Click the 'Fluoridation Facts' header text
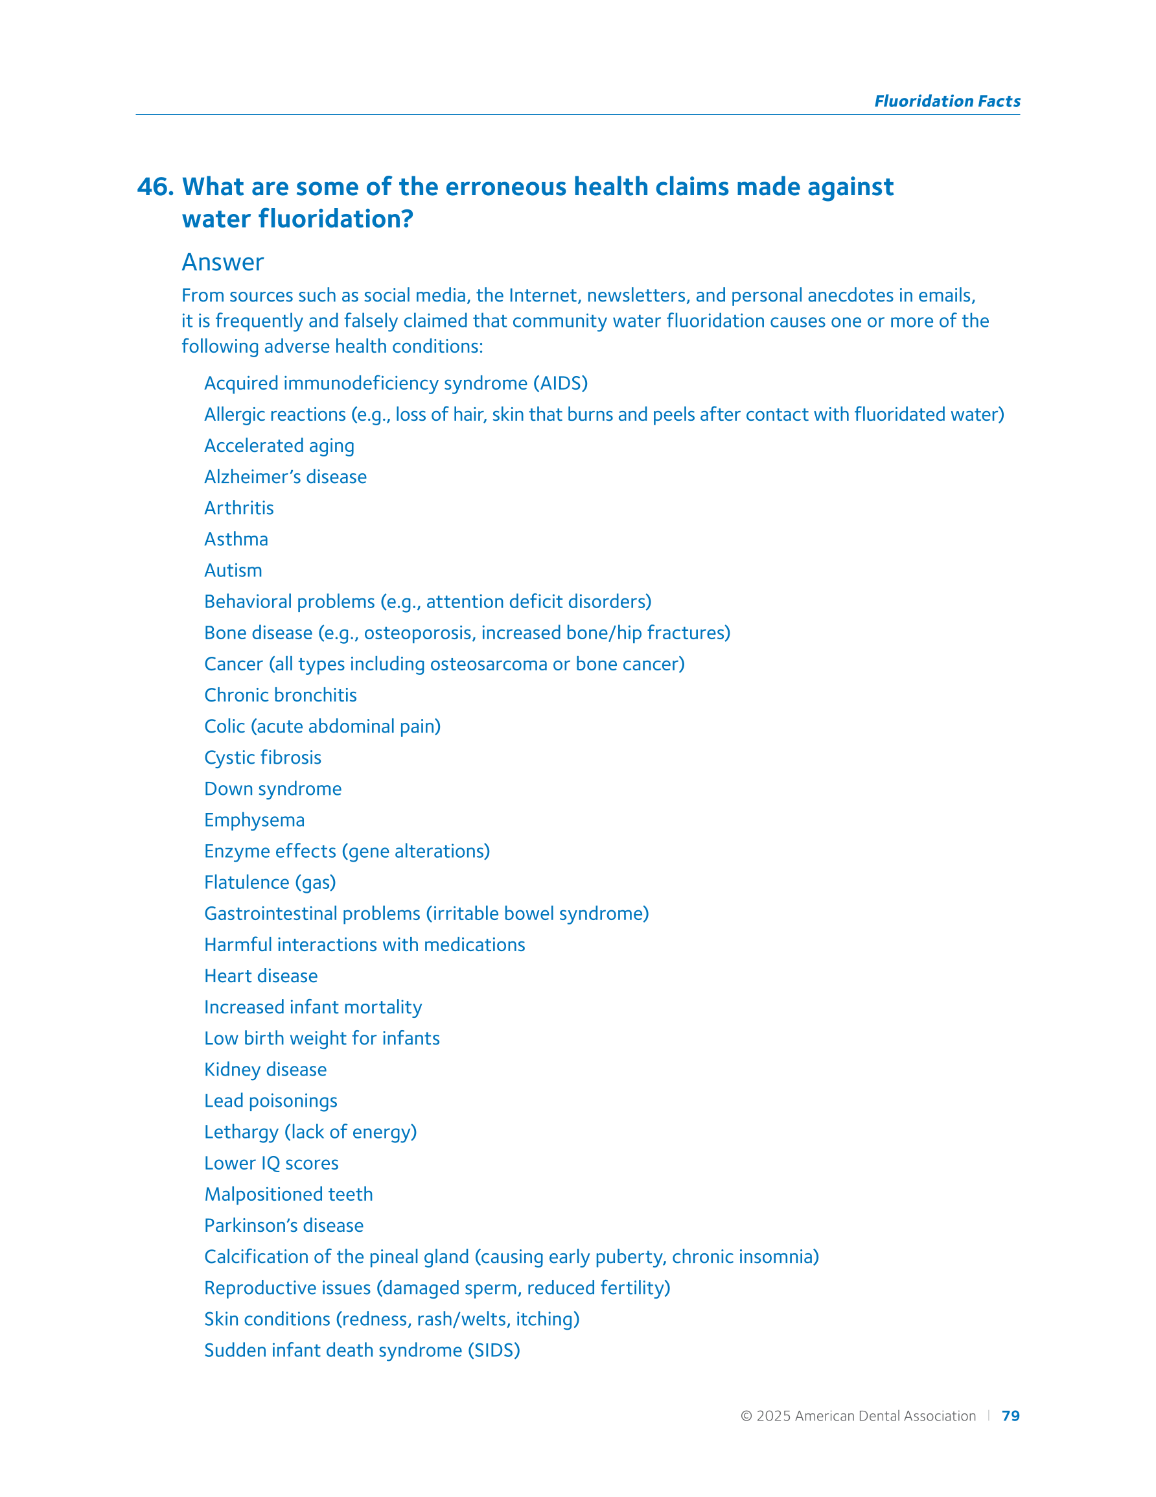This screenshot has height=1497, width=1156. (946, 101)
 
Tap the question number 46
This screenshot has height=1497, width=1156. (155, 187)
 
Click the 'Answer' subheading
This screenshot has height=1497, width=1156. (223, 263)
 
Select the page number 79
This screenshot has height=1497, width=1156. (1010, 1415)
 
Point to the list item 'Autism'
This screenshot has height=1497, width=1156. (233, 571)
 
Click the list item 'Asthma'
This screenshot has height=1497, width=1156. (236, 539)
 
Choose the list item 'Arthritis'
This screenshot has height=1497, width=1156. (238, 508)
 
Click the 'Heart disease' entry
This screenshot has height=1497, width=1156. (260, 976)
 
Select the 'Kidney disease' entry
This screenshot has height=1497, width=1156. (265, 1069)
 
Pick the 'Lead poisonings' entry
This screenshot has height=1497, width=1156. (271, 1101)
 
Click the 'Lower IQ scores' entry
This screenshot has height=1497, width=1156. (272, 1163)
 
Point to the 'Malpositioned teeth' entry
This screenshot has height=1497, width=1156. (288, 1194)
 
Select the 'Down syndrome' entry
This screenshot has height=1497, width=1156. (273, 789)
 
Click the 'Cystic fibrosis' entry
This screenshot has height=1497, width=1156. (262, 757)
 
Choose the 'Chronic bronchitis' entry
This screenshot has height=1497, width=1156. (281, 695)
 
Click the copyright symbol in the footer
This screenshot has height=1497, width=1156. (746, 1416)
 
